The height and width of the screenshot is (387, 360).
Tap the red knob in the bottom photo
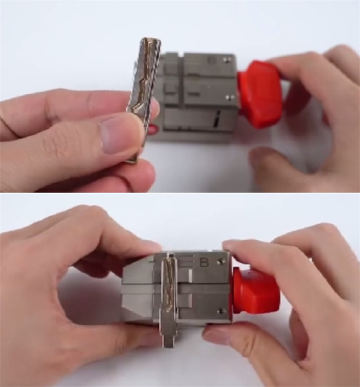pyautogui.click(x=256, y=290)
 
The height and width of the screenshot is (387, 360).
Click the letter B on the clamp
pyautogui.click(x=204, y=263)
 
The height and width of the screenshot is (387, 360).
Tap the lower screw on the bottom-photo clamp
pyautogui.click(x=222, y=311)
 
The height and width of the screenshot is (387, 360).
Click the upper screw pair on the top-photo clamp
pyautogui.click(x=227, y=59)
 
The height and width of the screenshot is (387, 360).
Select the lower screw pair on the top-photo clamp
pyautogui.click(x=230, y=97)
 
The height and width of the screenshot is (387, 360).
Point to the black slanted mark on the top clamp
pyautogui.click(x=216, y=119)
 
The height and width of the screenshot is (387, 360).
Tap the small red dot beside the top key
pyautogui.click(x=153, y=130)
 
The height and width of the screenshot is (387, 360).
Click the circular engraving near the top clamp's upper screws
pyautogui.click(x=211, y=60)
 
